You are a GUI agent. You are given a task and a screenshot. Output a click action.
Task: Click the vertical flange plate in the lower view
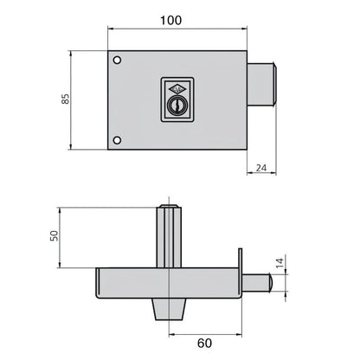243,273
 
